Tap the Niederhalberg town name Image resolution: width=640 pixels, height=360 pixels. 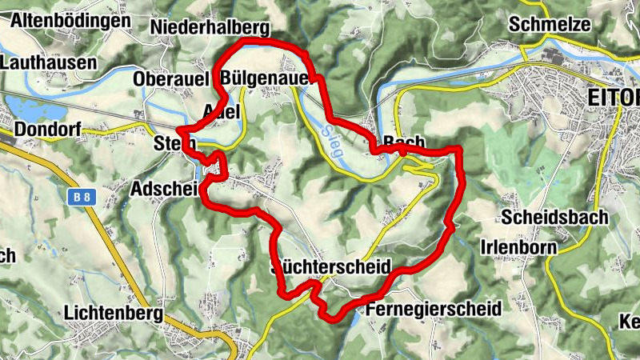click(209, 28)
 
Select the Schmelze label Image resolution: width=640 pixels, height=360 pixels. click(549, 24)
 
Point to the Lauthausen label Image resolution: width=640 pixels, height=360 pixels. click(49, 62)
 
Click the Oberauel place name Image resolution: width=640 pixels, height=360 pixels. click(171, 79)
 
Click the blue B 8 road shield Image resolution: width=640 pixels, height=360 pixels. click(78, 196)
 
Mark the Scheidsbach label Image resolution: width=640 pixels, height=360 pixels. click(555, 217)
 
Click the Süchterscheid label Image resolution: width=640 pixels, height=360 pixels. click(331, 266)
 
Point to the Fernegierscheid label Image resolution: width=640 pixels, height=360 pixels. click(432, 308)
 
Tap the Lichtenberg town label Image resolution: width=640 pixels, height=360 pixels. click(117, 312)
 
